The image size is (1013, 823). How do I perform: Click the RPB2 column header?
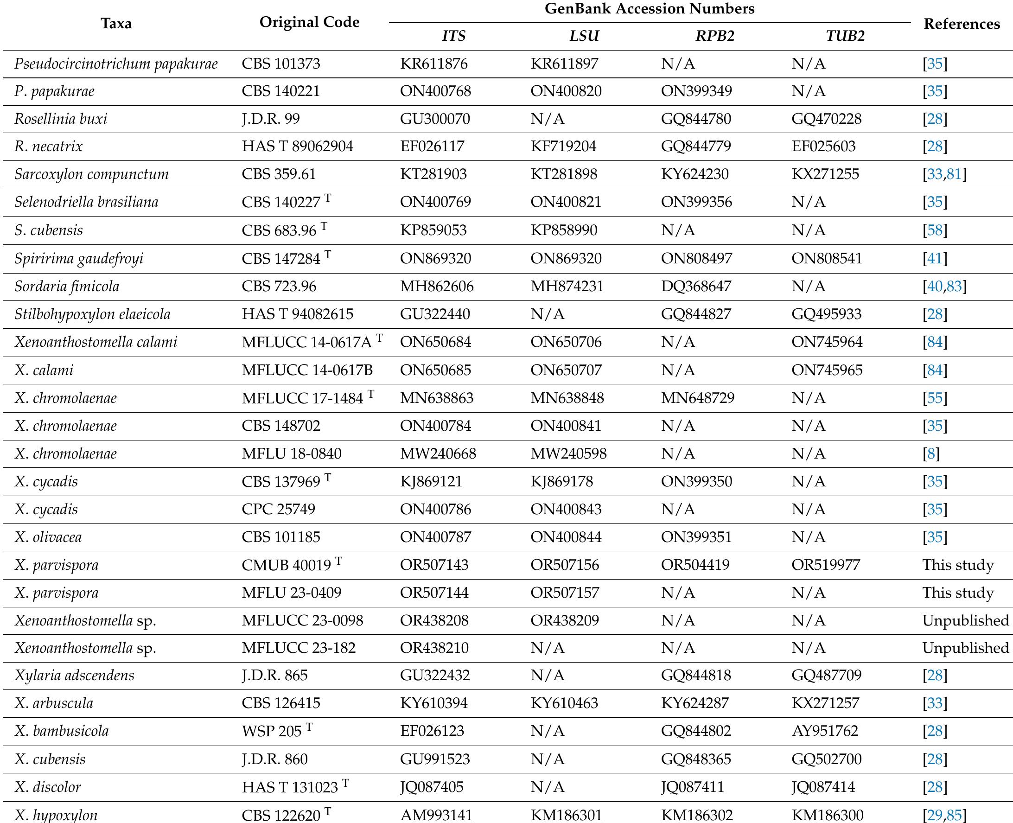[x=714, y=36]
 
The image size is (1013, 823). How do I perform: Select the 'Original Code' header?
[x=309, y=22]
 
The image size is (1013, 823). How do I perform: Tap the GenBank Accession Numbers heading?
[x=649, y=9]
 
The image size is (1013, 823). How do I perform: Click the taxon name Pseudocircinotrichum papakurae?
[x=116, y=64]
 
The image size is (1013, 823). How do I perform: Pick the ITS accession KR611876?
[x=433, y=64]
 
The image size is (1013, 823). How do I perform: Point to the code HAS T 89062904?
[x=297, y=146]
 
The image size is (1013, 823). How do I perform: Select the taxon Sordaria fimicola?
[x=67, y=287]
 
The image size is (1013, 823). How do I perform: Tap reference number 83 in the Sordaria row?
[x=954, y=287]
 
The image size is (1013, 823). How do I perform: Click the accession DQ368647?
[x=696, y=287]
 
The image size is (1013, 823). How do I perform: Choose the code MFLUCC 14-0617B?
[x=307, y=370]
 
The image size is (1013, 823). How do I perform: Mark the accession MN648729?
[x=697, y=398]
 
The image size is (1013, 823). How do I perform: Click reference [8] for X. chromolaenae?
[x=930, y=453]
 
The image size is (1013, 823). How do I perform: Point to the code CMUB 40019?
[x=287, y=565]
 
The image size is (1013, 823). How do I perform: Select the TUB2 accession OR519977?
[x=825, y=565]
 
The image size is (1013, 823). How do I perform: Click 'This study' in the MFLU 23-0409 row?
[x=957, y=593]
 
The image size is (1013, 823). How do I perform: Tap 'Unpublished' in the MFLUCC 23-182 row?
[x=965, y=648]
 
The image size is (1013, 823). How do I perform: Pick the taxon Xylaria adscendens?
[x=75, y=675]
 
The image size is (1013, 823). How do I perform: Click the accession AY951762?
[x=824, y=731]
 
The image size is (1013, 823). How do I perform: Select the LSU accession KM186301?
[x=566, y=815]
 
